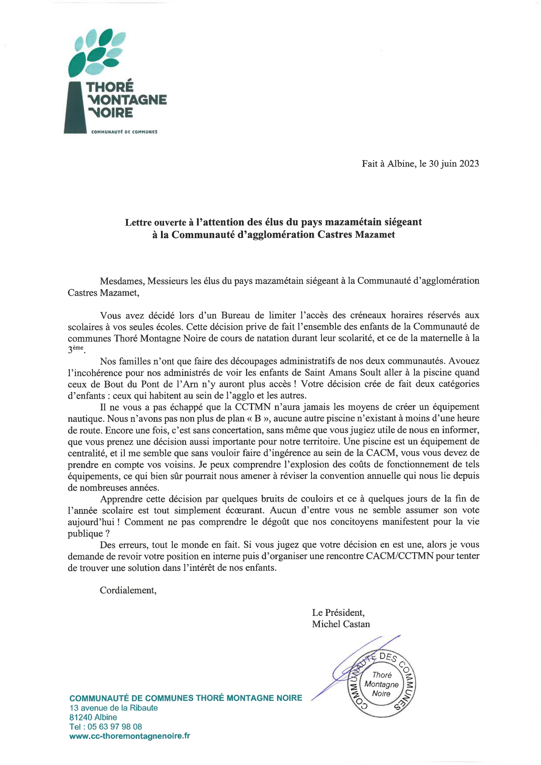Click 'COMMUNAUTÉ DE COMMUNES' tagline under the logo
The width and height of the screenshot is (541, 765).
[124, 132]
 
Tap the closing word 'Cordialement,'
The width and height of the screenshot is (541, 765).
[128, 591]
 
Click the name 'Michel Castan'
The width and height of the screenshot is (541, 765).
[341, 624]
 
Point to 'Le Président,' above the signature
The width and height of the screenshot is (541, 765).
[338, 612]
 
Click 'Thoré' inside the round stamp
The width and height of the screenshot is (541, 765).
[382, 675]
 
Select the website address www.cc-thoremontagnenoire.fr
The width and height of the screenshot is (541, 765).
[130, 736]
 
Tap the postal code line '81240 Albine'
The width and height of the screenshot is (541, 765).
[93, 717]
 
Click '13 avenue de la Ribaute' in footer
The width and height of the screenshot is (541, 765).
[113, 707]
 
